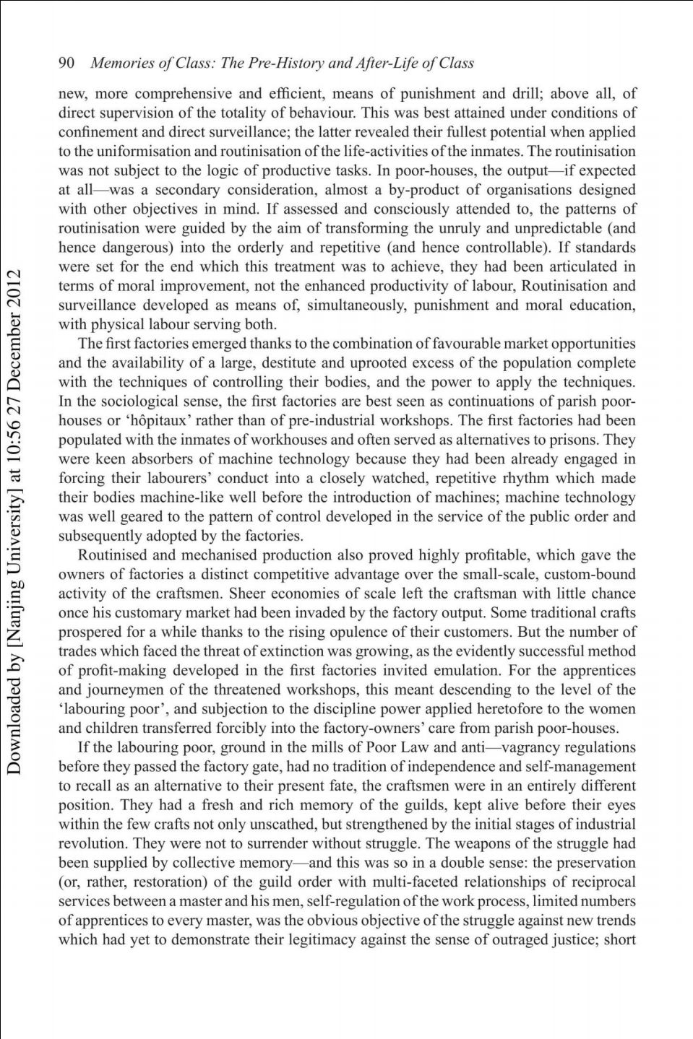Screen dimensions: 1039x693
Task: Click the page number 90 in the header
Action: pos(66,63)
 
